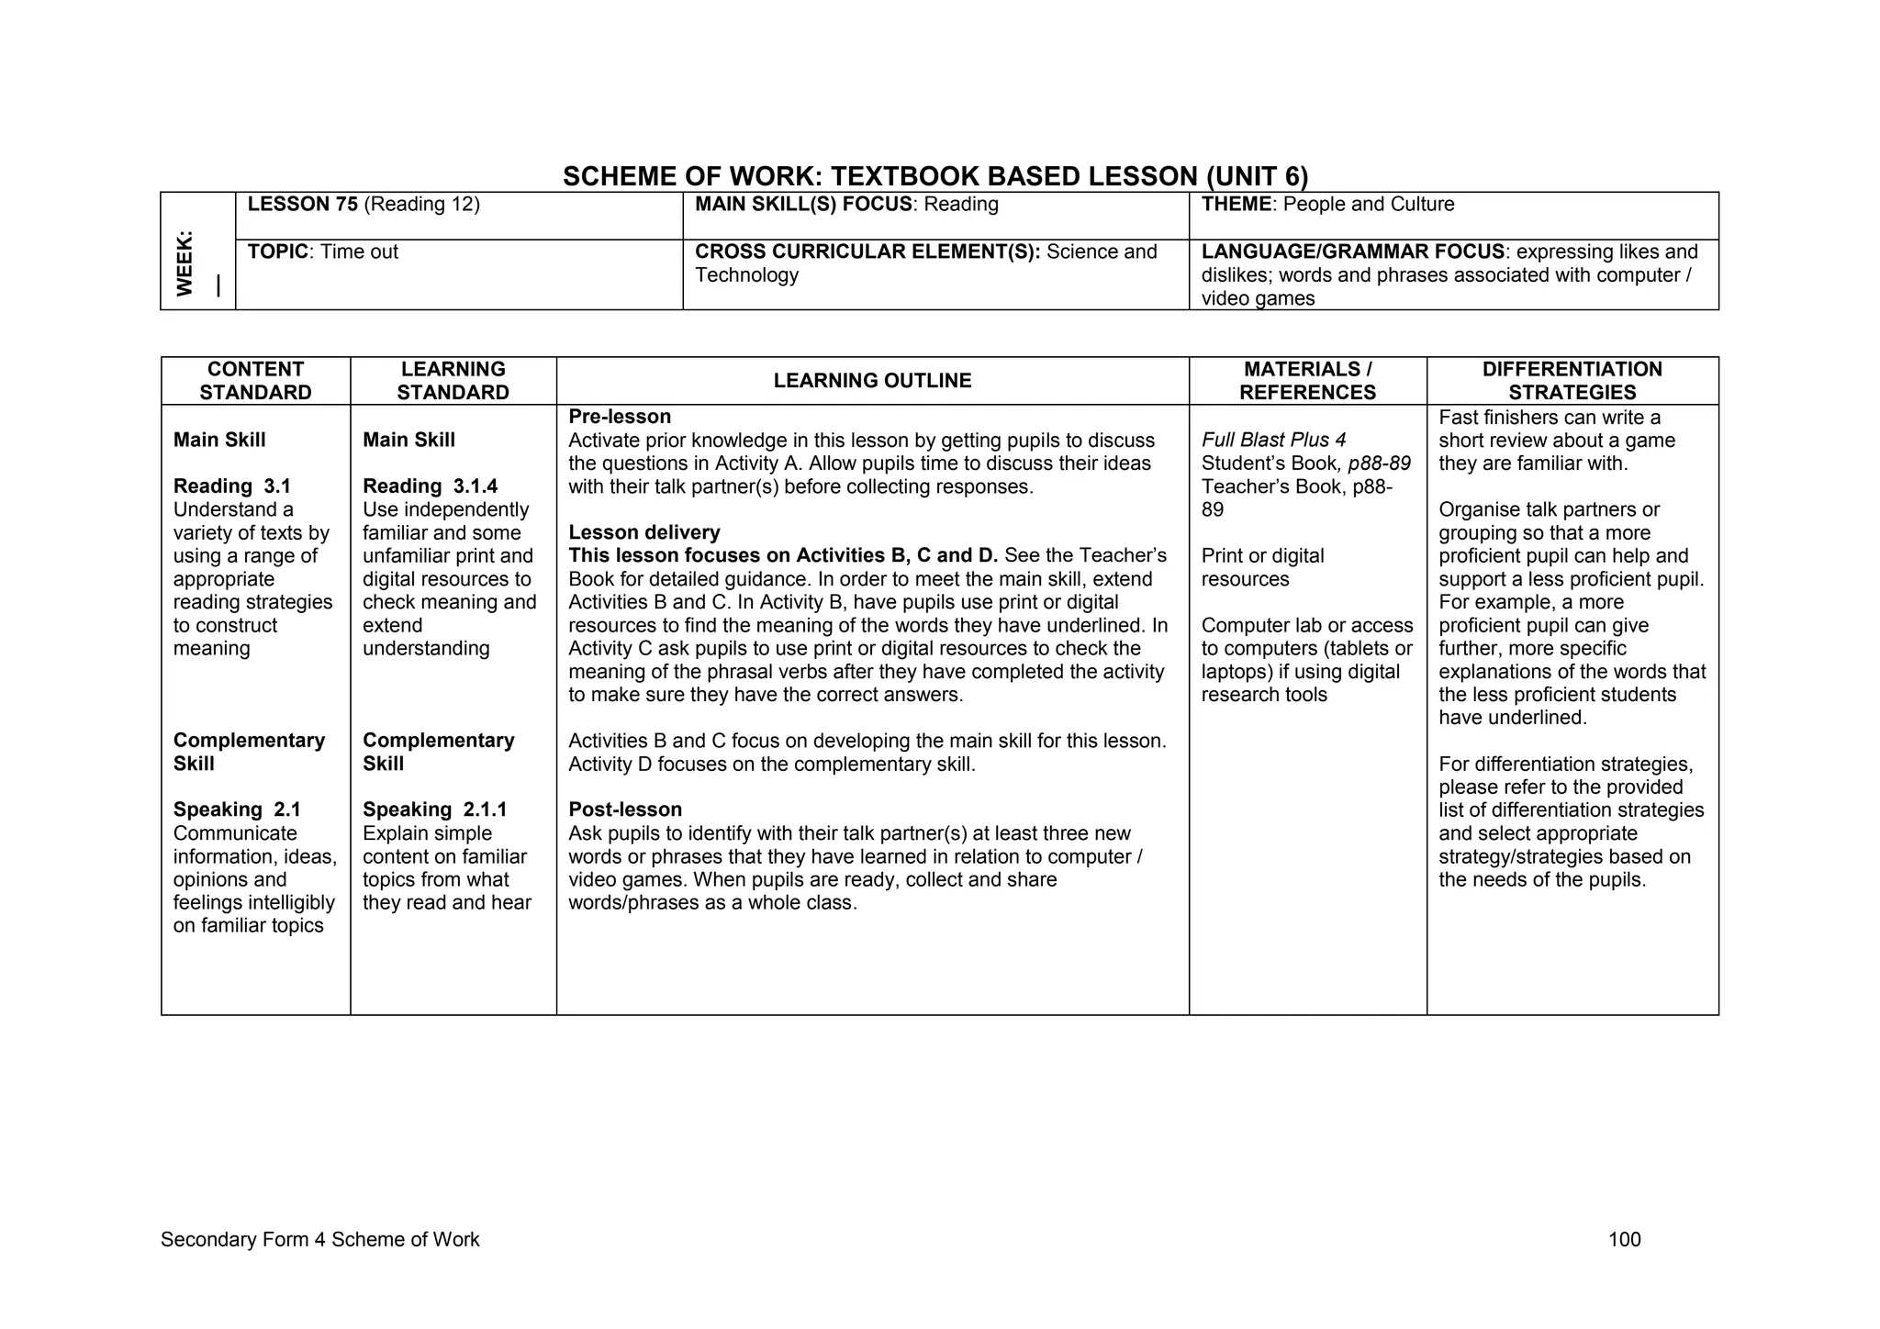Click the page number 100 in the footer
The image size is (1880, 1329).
[x=1624, y=1240]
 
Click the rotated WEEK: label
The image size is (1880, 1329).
[x=185, y=263]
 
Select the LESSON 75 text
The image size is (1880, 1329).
[x=303, y=205]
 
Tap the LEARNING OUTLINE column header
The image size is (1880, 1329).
[x=872, y=381]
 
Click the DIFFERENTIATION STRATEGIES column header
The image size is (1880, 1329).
[x=1572, y=381]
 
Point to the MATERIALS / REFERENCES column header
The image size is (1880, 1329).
[x=1307, y=381]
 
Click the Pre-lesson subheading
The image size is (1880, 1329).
[x=620, y=417]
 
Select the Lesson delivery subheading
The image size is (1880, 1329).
[x=644, y=532]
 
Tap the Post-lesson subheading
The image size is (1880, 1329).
[x=625, y=810]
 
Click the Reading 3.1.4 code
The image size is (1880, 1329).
[x=430, y=486]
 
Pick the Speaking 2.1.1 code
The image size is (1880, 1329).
[x=434, y=810]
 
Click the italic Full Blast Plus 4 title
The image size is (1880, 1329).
[x=1273, y=441]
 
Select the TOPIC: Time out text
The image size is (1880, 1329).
[x=323, y=252]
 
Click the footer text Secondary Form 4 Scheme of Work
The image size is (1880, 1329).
[x=319, y=1240]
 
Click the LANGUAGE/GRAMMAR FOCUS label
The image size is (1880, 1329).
[x=1352, y=252]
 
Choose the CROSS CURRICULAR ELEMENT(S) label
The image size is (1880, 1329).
[x=867, y=252]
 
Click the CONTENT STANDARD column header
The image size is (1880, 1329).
[x=255, y=381]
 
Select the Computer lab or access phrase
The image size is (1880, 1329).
[x=1307, y=626]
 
